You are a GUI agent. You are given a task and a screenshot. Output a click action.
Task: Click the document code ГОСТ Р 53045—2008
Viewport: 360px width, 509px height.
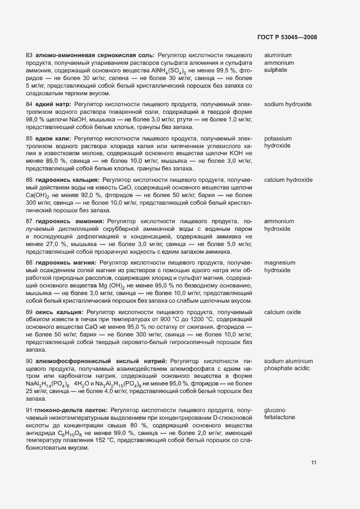point(287,38)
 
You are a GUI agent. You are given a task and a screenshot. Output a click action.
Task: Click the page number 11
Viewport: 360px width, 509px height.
point(314,463)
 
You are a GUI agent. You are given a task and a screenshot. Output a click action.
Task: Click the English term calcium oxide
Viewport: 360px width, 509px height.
point(282,312)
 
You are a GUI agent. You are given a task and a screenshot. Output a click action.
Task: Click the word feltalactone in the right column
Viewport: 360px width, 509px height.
point(280,417)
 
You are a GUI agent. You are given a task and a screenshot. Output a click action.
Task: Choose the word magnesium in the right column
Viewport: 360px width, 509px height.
point(280,263)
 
